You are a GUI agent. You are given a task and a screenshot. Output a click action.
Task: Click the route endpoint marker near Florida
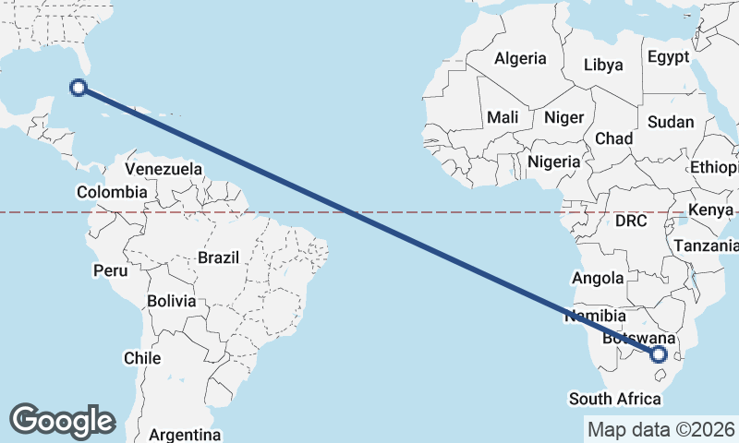79,88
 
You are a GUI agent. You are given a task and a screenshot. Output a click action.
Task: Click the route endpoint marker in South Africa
660,354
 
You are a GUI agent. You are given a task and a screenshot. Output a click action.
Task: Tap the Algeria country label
520,58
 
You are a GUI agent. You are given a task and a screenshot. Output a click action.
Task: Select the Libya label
603,66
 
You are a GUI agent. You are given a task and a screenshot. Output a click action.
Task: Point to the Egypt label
668,57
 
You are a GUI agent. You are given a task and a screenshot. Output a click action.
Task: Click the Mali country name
503,117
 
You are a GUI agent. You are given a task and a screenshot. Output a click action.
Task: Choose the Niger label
563,117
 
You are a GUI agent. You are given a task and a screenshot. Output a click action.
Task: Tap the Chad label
613,138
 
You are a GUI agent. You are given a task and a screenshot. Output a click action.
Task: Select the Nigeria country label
554,162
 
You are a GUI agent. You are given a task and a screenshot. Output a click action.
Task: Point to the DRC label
631,221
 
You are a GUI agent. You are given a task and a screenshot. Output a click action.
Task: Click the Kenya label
710,210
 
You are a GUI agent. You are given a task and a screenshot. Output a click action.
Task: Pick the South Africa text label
615,399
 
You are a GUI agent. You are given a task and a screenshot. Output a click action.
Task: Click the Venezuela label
164,169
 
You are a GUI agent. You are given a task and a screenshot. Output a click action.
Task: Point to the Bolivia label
171,301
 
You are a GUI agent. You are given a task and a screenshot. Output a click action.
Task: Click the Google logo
62,420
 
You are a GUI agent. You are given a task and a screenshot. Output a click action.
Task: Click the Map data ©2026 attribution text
660,429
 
